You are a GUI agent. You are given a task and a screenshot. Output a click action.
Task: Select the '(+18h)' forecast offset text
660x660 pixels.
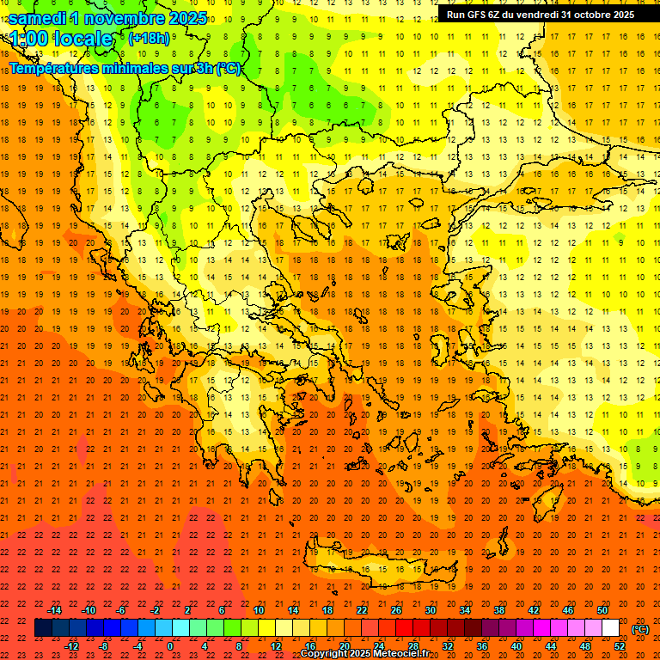coord(149,38)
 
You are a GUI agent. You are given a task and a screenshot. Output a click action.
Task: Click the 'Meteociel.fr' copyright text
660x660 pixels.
coord(396,654)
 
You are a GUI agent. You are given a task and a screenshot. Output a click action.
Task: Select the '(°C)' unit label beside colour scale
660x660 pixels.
coord(640,629)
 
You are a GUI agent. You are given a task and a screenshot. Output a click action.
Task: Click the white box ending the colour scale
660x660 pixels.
coord(610,628)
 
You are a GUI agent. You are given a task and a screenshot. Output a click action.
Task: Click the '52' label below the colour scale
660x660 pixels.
coord(620,646)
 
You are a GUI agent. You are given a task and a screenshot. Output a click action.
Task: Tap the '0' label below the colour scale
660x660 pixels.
coord(170,646)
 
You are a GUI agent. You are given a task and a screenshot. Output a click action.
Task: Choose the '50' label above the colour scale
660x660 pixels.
coord(602,610)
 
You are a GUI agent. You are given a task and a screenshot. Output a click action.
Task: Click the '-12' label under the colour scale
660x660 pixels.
coord(72,646)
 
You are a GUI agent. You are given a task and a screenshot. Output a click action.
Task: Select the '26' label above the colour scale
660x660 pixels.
coord(396,610)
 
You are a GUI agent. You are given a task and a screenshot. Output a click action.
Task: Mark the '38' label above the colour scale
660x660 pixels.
coord(499,610)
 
